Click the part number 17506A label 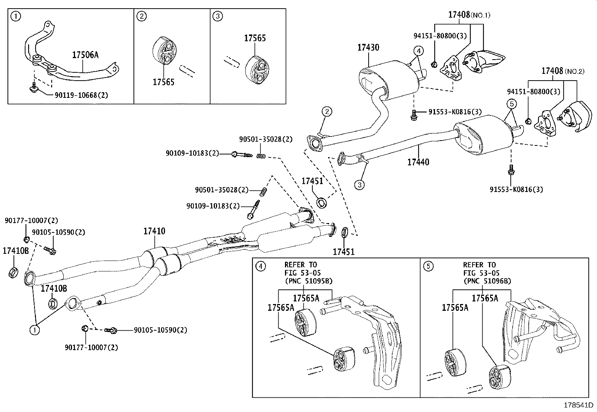click(85, 55)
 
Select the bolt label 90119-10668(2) click(81, 95)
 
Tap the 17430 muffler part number click(368, 48)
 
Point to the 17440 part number click(418, 162)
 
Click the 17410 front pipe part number click(154, 231)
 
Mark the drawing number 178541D click(579, 405)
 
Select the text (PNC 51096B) click(487, 281)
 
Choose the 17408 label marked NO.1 click(459, 15)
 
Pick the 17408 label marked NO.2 click(552, 71)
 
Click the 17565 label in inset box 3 click(255, 38)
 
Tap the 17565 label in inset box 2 click(163, 82)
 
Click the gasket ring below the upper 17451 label click(322, 203)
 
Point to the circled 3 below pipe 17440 click(359, 185)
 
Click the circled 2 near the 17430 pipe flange click(327, 111)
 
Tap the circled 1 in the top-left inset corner click(15, 16)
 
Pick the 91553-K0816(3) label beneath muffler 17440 click(516, 189)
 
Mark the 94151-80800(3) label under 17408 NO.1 click(435, 36)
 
